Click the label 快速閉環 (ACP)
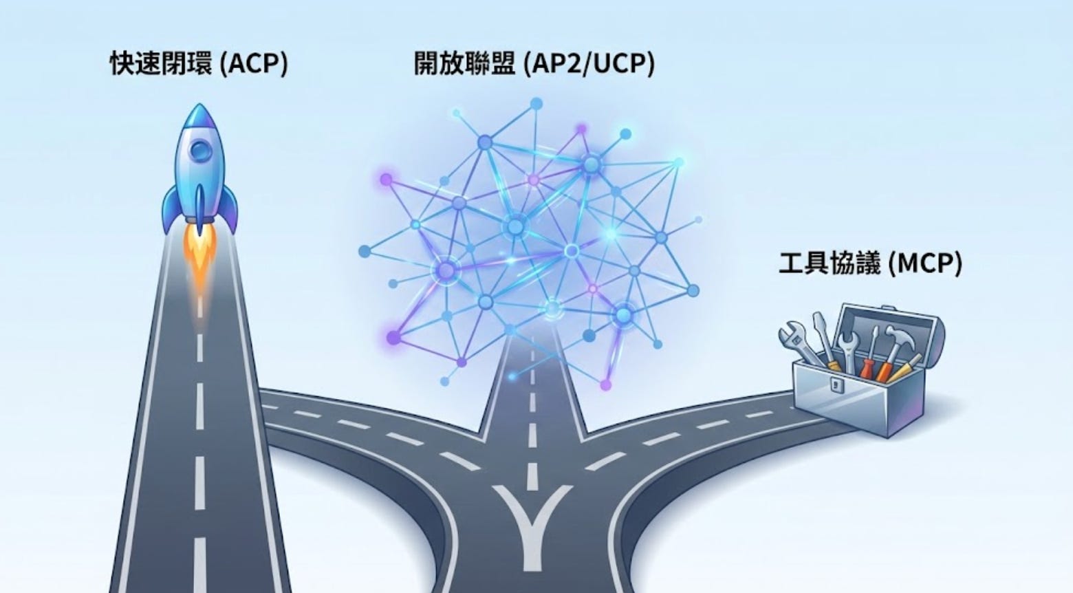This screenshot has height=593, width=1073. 199,64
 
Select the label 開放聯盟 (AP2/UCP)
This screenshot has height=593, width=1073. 534,64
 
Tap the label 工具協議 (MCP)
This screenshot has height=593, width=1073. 870,263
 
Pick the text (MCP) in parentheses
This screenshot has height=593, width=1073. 925,263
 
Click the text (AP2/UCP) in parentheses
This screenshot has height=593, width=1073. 589,64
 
